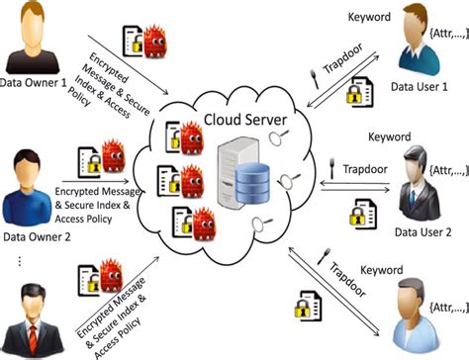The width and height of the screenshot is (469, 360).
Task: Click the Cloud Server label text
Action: click(243, 121)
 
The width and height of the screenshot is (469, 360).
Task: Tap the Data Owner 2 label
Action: click(41, 237)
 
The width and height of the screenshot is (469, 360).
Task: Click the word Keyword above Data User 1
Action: click(370, 17)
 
